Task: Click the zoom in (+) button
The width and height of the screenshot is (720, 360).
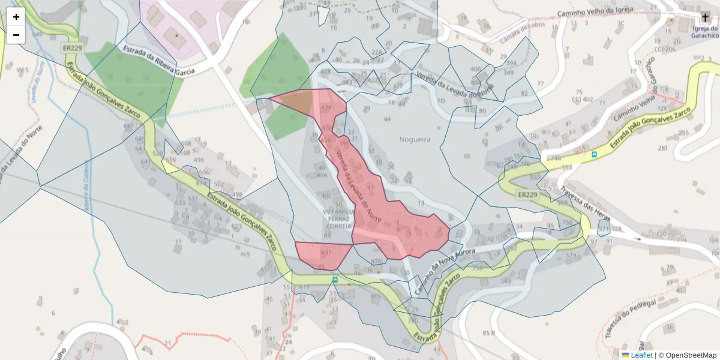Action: tap(16, 17)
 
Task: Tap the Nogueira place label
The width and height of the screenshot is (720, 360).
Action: tap(415, 139)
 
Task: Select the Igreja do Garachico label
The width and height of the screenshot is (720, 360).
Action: tap(704, 32)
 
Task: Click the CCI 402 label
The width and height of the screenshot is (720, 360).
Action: tap(583, 99)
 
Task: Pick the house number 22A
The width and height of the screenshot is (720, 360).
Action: tap(377, 52)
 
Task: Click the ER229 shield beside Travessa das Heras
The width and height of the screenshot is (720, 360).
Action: tap(528, 195)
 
